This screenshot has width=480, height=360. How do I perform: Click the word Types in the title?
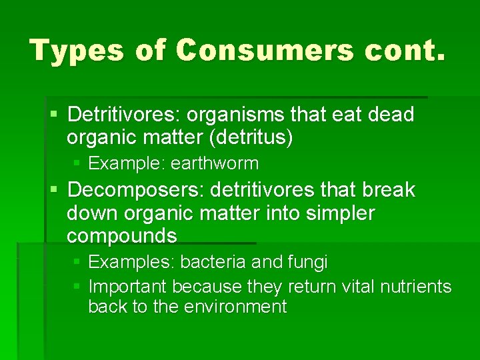click(77, 50)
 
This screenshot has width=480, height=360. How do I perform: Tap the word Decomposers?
click(135, 190)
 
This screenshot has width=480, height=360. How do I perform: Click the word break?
click(389, 190)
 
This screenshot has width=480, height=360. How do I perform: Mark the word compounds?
click(122, 236)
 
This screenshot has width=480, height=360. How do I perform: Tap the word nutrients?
click(415, 287)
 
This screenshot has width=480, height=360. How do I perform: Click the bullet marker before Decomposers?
click(54, 191)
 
